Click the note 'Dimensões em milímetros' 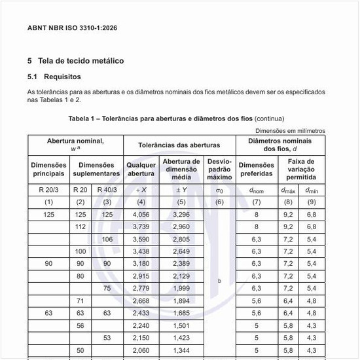[290, 131]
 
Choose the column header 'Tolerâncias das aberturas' [180, 145]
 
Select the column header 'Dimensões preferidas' [257, 170]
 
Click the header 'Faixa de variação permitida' [301, 170]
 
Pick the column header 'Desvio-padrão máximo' [219, 170]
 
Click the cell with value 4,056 [141, 214]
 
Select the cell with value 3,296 [181, 214]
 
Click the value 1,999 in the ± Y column [181, 288]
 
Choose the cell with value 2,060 [141, 351]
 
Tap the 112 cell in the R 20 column [81, 226]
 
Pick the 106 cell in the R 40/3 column [107, 239]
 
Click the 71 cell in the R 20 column [81, 301]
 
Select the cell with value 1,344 [181, 351]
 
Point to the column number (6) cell [219, 202]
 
